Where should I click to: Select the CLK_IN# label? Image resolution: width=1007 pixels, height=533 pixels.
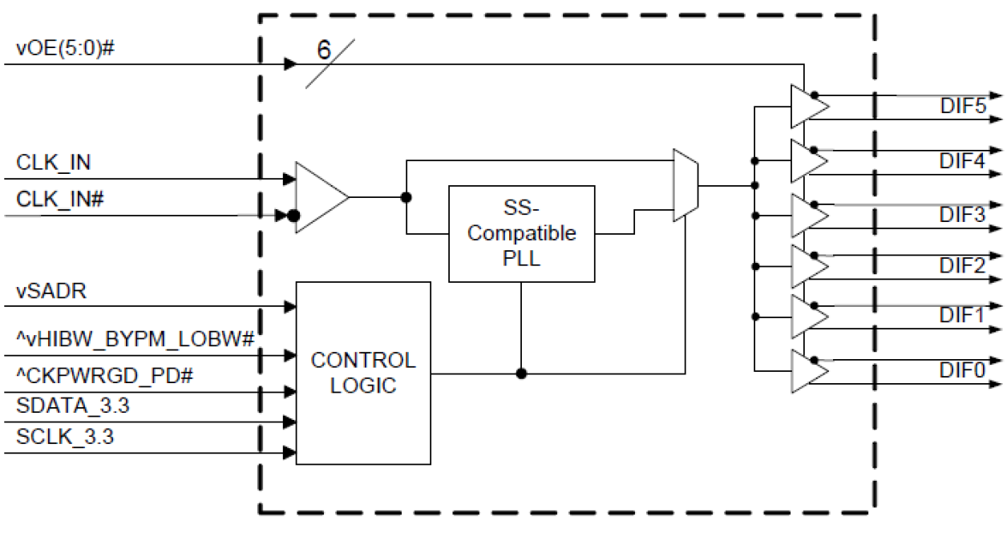61,200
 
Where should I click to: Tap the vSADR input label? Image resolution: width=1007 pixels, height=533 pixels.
51,290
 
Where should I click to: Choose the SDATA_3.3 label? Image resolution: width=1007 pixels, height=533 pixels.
73,406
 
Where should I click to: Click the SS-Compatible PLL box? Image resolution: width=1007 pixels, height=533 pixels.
521,233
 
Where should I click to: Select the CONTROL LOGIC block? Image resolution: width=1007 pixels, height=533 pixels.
363,372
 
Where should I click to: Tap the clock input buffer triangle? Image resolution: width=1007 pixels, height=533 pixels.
318,197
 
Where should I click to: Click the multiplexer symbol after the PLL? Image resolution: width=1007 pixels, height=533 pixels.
686,185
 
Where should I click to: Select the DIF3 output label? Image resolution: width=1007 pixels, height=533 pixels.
962,214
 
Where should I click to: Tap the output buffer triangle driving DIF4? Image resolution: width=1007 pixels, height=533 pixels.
806,161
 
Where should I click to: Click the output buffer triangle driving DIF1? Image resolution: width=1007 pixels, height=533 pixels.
806,317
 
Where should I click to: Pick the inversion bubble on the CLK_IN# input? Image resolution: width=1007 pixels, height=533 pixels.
293,216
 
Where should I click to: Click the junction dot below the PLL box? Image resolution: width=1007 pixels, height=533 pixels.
521,373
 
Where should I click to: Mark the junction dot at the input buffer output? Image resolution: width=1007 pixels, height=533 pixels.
406,197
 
